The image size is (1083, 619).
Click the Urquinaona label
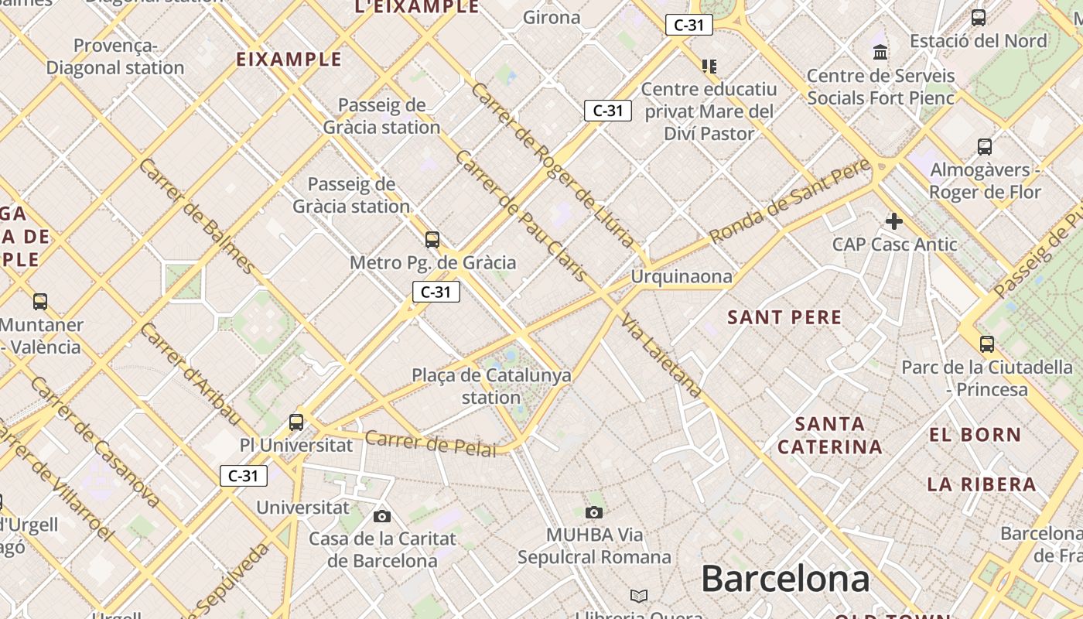(x=681, y=276)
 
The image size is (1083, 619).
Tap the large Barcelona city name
(x=784, y=579)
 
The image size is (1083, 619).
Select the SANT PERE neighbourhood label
(x=784, y=317)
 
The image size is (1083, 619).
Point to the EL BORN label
(x=975, y=435)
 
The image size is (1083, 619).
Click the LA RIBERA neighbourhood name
(x=981, y=484)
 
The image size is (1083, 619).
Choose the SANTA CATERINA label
(x=829, y=436)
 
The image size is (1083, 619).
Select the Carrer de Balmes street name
(x=196, y=216)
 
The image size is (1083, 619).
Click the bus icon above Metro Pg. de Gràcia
(x=432, y=240)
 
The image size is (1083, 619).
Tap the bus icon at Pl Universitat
(x=296, y=422)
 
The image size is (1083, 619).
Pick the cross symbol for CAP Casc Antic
(x=894, y=221)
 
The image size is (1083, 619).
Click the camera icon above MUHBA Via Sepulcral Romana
(x=594, y=512)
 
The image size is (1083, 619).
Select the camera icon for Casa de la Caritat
(x=381, y=516)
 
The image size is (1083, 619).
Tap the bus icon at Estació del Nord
(x=979, y=17)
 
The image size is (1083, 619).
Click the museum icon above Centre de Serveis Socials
(x=880, y=53)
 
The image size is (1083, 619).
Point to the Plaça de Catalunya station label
(x=491, y=386)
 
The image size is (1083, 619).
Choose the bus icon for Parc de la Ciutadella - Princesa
(x=987, y=344)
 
